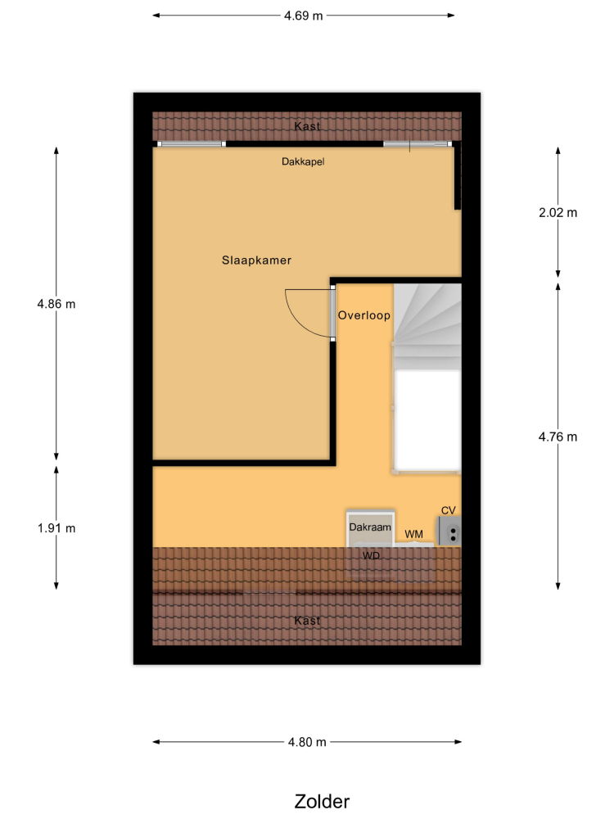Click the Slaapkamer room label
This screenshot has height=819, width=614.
point(256,260)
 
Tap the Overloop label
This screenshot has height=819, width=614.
point(364,315)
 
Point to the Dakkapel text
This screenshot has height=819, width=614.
point(303,162)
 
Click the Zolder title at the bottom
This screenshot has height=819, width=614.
point(322,801)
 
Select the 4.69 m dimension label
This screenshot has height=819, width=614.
point(304,16)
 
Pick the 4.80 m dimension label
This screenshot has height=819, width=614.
point(307,742)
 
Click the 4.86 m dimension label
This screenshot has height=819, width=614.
point(56,304)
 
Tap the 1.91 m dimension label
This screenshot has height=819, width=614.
point(56,528)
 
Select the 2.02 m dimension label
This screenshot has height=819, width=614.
point(558,213)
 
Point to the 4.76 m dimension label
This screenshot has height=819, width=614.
point(558,437)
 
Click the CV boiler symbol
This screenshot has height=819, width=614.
point(449,532)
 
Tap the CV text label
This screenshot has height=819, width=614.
point(449,510)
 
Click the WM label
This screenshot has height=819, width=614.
point(414,534)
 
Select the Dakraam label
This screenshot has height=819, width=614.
point(370,527)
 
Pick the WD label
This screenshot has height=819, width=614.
point(371,556)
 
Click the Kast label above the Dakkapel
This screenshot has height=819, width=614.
point(307,126)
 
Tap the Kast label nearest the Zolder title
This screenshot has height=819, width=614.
point(307,621)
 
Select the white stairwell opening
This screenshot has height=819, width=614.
point(427,420)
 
